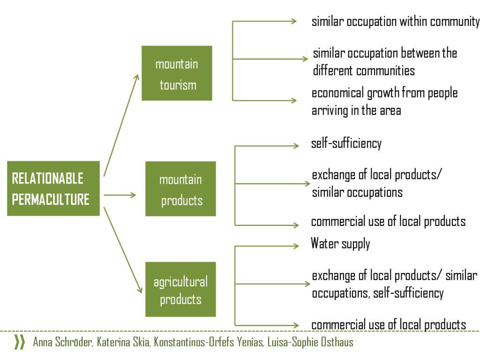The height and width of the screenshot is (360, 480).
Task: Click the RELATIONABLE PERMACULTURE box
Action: point(53,188)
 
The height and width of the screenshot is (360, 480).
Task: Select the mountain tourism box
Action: point(177,73)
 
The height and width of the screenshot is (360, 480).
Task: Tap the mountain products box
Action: point(180,189)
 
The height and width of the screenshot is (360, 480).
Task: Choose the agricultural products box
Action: point(180,289)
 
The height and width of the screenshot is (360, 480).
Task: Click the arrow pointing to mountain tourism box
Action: point(121,125)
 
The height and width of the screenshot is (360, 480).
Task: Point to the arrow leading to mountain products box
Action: point(120,195)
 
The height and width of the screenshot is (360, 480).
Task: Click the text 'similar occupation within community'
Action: point(396,22)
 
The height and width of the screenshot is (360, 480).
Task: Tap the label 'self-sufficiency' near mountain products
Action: point(346,143)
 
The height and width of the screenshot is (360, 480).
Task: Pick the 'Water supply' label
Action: point(340,244)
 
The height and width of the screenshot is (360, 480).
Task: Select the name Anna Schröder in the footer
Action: point(63,342)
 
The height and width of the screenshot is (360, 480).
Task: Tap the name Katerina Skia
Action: point(124,342)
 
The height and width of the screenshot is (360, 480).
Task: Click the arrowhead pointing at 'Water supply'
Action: point(295,246)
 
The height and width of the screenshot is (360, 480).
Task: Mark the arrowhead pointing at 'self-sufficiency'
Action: point(295,146)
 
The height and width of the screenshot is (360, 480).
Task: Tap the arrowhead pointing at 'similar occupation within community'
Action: point(294,21)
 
